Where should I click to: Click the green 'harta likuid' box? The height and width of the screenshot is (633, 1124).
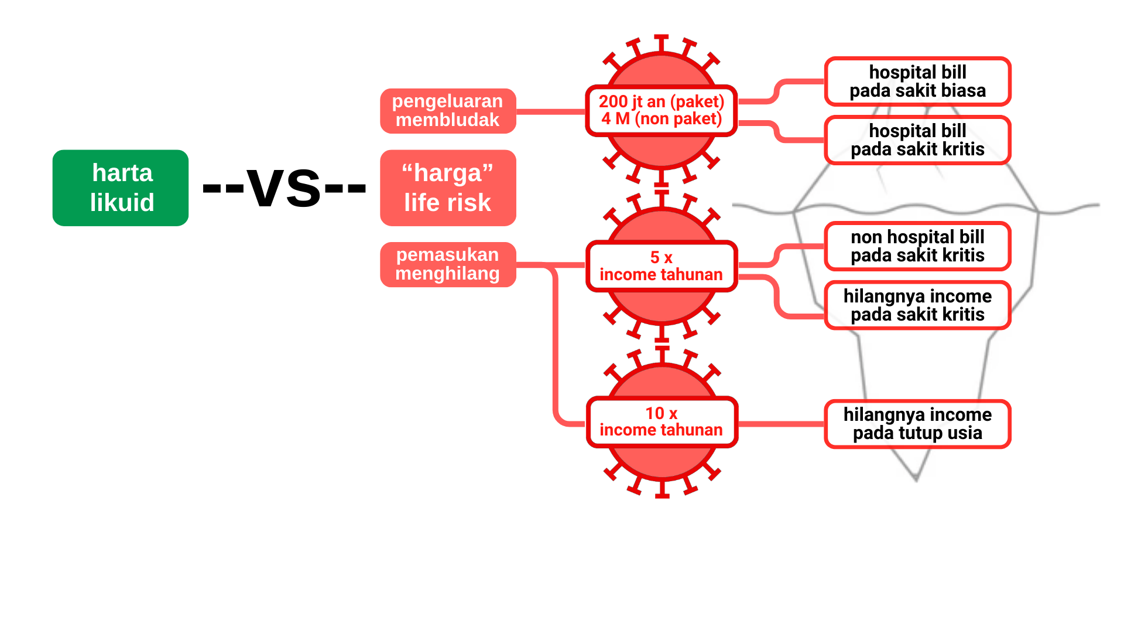pyautogui.click(x=121, y=188)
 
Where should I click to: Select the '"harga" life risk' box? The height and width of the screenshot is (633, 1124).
pyautogui.click(x=448, y=188)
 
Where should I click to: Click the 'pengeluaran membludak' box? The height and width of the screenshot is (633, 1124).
pyautogui.click(x=448, y=111)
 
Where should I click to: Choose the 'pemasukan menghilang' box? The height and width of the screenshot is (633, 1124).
pyautogui.click(x=448, y=264)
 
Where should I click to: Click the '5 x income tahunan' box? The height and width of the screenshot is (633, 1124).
pyautogui.click(x=662, y=266)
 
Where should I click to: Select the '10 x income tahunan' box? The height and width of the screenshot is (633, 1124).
pyautogui.click(x=662, y=421)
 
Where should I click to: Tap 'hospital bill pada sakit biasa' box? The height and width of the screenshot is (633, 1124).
pyautogui.click(x=917, y=81)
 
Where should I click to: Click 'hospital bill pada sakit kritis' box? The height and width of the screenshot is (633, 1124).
pyautogui.click(x=917, y=140)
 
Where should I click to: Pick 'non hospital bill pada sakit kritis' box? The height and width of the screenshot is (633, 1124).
pyautogui.click(x=917, y=246)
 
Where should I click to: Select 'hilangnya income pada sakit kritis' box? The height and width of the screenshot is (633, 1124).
pyautogui.click(x=917, y=305)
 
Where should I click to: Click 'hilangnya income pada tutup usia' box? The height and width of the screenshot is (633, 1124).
pyautogui.click(x=917, y=424)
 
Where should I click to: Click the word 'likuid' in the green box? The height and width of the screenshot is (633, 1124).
pyautogui.click(x=122, y=203)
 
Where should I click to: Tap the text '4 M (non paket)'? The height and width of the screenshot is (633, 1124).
pyautogui.click(x=662, y=119)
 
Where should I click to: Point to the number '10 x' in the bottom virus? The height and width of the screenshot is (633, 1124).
pyautogui.click(x=662, y=413)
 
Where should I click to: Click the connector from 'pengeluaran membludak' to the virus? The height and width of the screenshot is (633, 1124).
pyautogui.click(x=550, y=111)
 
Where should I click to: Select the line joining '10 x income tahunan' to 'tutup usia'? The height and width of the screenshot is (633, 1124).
pyautogui.click(x=781, y=424)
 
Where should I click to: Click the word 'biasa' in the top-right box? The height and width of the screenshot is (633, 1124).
pyautogui.click(x=963, y=91)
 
